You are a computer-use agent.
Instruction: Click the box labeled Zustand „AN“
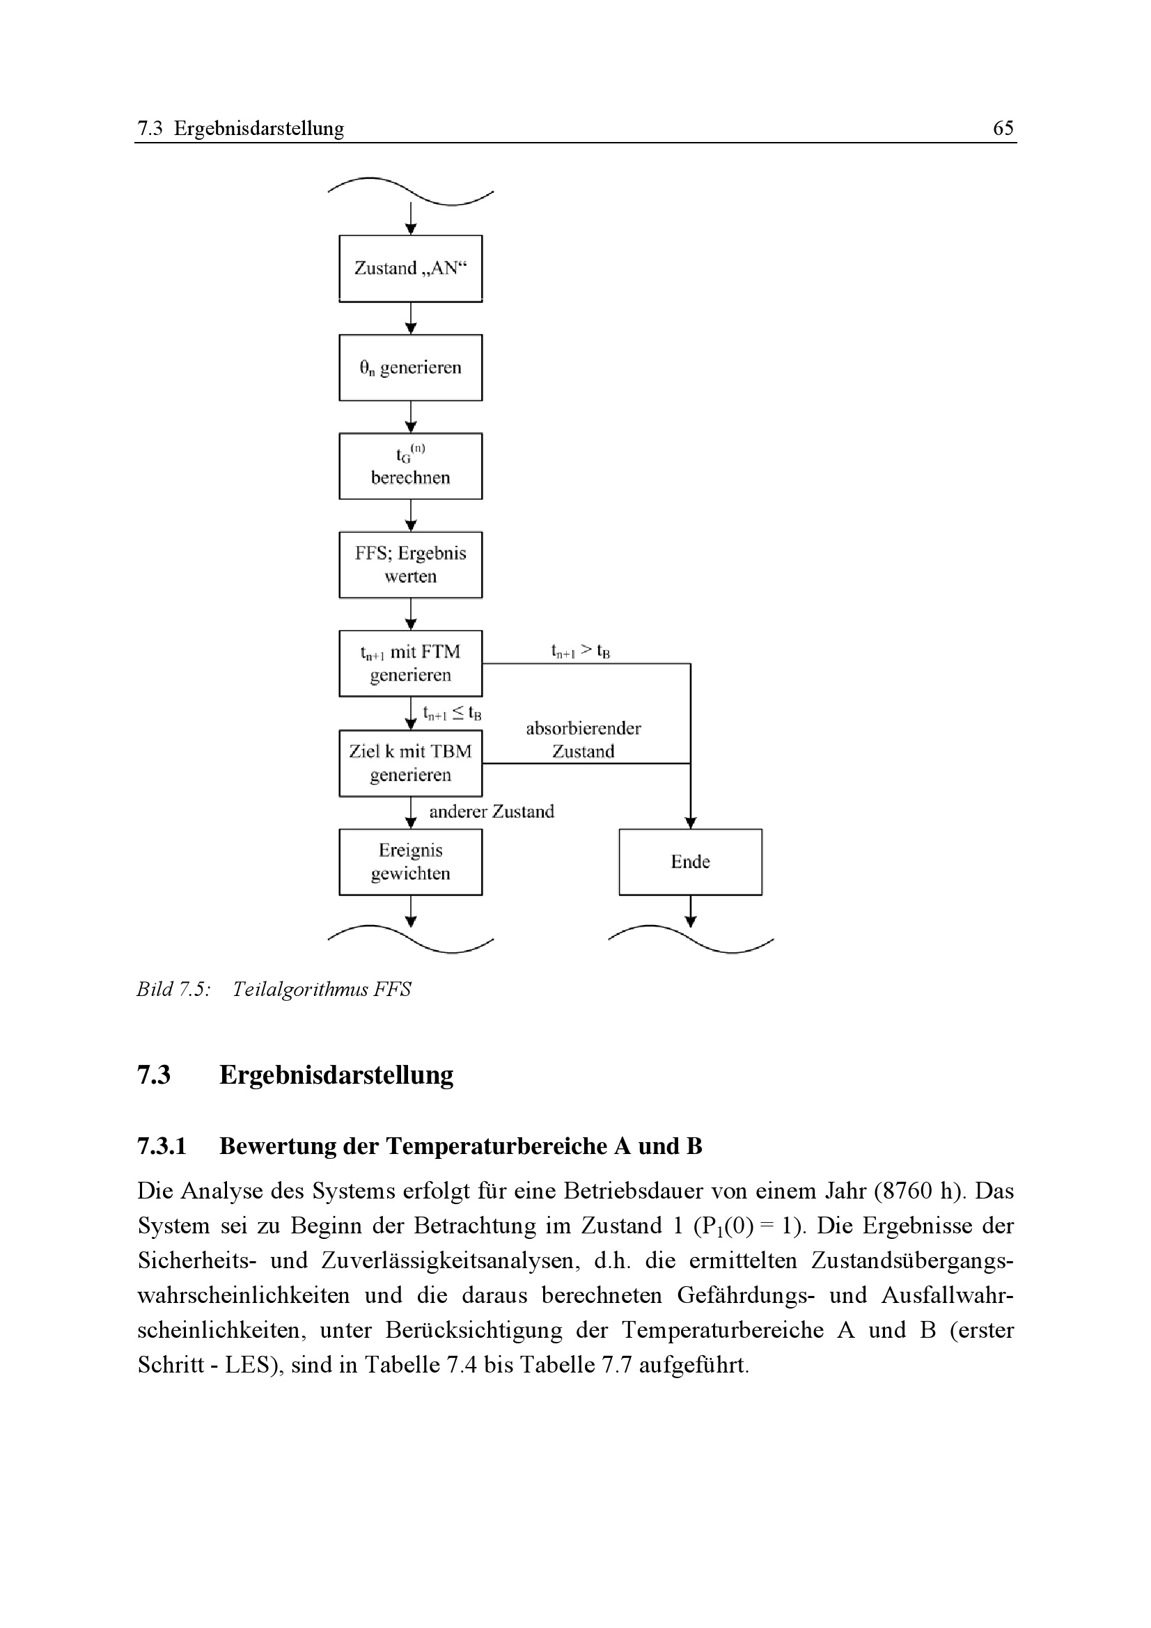pyautogui.click(x=411, y=268)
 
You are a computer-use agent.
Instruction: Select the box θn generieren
pyautogui.click(x=411, y=368)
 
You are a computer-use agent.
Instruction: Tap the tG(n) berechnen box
pyautogui.click(x=411, y=466)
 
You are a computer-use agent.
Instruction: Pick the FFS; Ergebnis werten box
pyautogui.click(x=411, y=564)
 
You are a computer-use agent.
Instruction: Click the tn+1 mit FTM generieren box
pyautogui.click(x=411, y=663)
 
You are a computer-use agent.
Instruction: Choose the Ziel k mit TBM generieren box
pyautogui.click(x=411, y=763)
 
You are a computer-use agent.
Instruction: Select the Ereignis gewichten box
pyautogui.click(x=411, y=862)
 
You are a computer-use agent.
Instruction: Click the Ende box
pyautogui.click(x=690, y=862)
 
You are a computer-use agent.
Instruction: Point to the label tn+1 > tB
pyautogui.click(x=581, y=650)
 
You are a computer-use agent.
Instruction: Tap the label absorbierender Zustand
pyautogui.click(x=583, y=740)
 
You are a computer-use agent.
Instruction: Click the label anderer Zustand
pyautogui.click(x=492, y=811)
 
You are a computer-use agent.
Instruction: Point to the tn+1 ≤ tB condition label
pyautogui.click(x=452, y=713)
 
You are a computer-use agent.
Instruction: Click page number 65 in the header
pyautogui.click(x=1003, y=127)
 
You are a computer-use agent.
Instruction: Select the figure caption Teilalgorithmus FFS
pyautogui.click(x=321, y=989)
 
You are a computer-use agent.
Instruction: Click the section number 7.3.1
pyautogui.click(x=162, y=1146)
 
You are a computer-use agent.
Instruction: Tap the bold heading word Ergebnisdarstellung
pyautogui.click(x=336, y=1075)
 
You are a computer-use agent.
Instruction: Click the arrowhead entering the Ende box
pyautogui.click(x=691, y=823)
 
